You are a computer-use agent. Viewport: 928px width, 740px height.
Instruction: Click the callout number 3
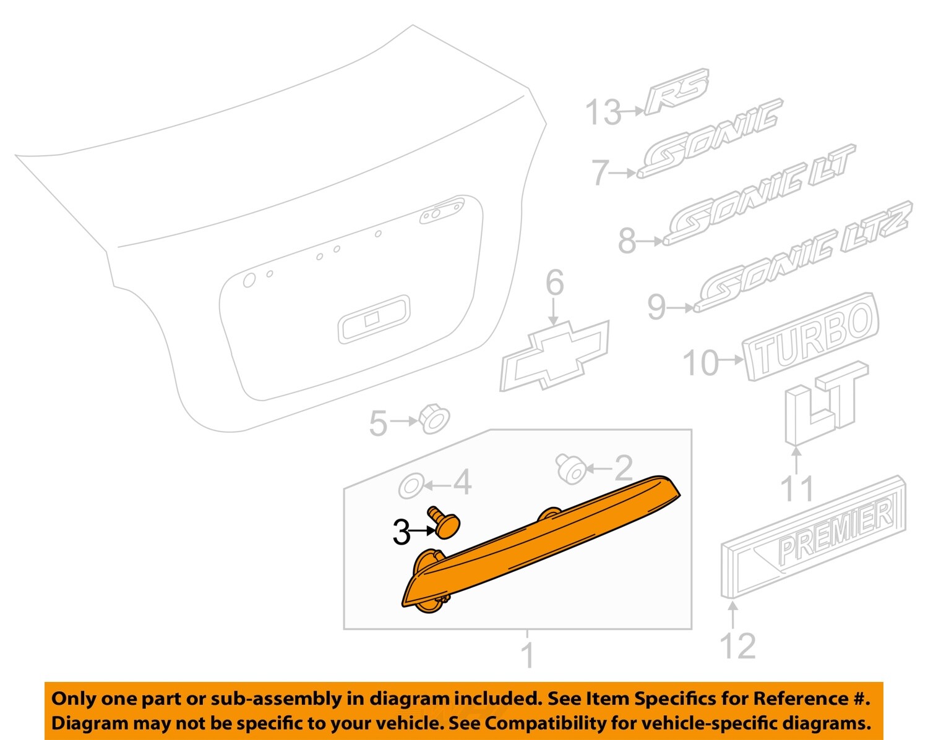tap(401, 532)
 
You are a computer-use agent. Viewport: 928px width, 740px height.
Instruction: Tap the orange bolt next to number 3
tap(445, 522)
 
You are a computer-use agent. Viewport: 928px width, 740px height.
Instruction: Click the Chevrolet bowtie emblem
tap(554, 356)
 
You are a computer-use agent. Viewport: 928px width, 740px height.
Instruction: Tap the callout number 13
tap(603, 113)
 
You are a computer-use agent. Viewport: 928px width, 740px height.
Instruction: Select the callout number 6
tap(554, 283)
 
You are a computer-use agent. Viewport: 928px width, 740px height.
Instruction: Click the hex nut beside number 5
tap(435, 420)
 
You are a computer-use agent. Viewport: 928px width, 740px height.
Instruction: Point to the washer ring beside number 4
tap(411, 486)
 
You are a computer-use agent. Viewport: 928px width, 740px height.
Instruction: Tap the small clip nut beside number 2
tap(570, 470)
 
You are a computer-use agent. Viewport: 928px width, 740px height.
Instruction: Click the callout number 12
tap(737, 647)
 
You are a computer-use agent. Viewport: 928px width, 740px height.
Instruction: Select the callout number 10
tap(700, 362)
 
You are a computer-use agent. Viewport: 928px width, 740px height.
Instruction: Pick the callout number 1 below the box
tap(527, 655)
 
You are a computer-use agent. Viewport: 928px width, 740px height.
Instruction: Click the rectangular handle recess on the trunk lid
tap(374, 319)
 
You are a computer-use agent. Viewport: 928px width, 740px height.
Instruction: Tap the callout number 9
tap(656, 307)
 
